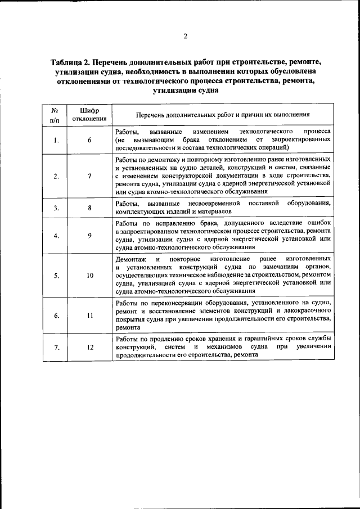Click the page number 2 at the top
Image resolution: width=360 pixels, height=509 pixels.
pos(184,37)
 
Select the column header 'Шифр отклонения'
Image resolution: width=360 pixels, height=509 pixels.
pos(89,114)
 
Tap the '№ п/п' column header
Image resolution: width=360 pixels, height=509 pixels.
pos(55,114)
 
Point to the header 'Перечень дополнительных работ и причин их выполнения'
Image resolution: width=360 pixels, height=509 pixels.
pos(223,115)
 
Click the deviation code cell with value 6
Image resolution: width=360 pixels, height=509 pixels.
pos(89,140)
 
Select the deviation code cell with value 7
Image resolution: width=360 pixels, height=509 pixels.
pos(89,176)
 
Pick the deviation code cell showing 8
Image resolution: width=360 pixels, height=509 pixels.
pos(89,207)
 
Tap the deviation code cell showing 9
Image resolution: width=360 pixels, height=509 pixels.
pos(89,235)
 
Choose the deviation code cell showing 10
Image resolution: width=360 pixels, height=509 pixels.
pos(89,276)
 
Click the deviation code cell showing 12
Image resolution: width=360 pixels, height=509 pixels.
pos(89,347)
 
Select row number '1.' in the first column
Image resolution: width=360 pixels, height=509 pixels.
pos(56,140)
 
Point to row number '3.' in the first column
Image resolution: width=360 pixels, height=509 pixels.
pos(56,208)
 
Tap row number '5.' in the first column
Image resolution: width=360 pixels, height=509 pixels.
pos(56,276)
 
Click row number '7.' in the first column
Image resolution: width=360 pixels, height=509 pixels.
pos(56,348)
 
